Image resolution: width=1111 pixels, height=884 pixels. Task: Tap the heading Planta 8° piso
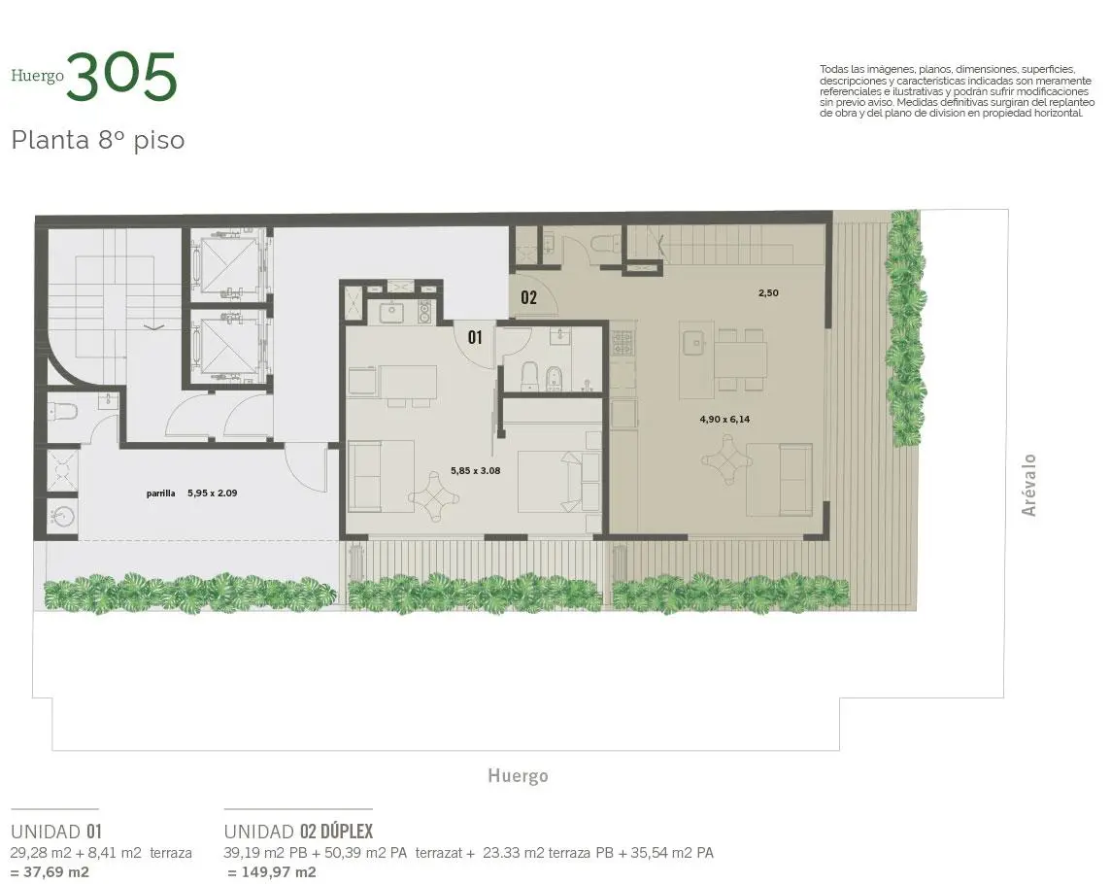pos(98,140)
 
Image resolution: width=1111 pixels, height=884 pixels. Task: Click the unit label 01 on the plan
pos(475,337)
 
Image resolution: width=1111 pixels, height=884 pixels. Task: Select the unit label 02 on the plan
pos(528,297)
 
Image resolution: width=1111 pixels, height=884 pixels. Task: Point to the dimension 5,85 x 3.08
pos(476,470)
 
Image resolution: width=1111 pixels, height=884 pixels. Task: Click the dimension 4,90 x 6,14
pos(724,419)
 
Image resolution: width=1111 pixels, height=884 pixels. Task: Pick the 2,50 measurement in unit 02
pos(768,292)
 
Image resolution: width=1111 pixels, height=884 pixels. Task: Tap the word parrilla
pos(161,493)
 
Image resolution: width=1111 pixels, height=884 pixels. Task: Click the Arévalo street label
pos(1029,485)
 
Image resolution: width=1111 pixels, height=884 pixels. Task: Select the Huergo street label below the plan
pos(518,775)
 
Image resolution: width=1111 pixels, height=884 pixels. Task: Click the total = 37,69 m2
pos(50,872)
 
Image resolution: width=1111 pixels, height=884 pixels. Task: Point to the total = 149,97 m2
pos(272,872)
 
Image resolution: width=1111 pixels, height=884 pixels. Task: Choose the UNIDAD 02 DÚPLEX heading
pos(298,831)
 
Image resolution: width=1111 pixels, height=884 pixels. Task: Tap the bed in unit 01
pos(559,471)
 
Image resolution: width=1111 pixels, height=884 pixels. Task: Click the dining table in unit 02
pos(740,360)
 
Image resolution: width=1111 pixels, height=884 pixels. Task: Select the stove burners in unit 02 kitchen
pos(623,342)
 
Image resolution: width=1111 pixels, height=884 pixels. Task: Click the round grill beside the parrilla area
pos(61,516)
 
